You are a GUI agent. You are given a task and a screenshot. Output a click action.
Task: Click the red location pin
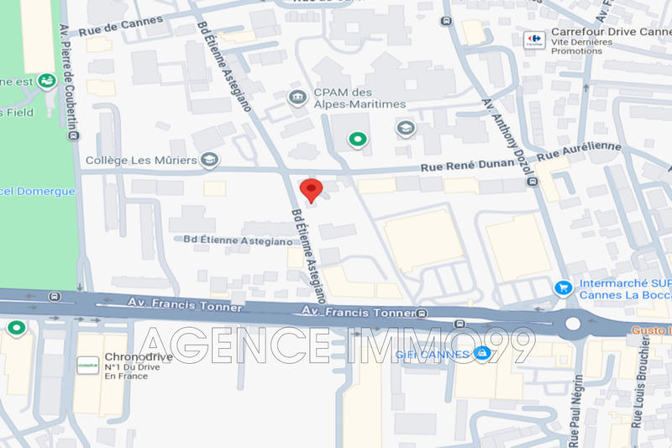click(x=311, y=190)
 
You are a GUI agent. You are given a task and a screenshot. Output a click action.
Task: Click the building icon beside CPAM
click(x=296, y=98)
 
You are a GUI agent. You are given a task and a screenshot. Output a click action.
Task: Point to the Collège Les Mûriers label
click(x=141, y=160)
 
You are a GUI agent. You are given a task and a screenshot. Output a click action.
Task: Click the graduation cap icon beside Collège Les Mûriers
click(x=209, y=159)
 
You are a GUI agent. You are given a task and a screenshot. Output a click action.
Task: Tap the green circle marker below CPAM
click(x=358, y=140)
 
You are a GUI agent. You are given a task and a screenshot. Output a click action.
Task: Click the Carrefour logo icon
click(x=533, y=40)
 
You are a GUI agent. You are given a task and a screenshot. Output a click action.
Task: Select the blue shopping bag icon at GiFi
click(x=481, y=353)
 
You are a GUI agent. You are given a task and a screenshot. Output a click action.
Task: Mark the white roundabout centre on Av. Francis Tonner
click(x=573, y=324)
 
